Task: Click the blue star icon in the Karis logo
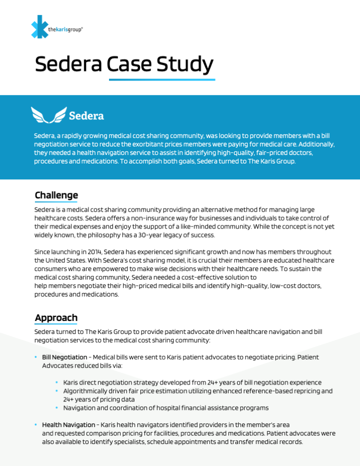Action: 39,27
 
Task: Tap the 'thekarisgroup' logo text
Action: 65,29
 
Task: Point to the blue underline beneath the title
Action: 162,79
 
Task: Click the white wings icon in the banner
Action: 48,115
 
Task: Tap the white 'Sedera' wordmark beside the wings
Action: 86,116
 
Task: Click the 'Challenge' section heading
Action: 56,195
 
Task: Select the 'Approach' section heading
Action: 56,317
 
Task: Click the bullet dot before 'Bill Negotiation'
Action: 36,357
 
